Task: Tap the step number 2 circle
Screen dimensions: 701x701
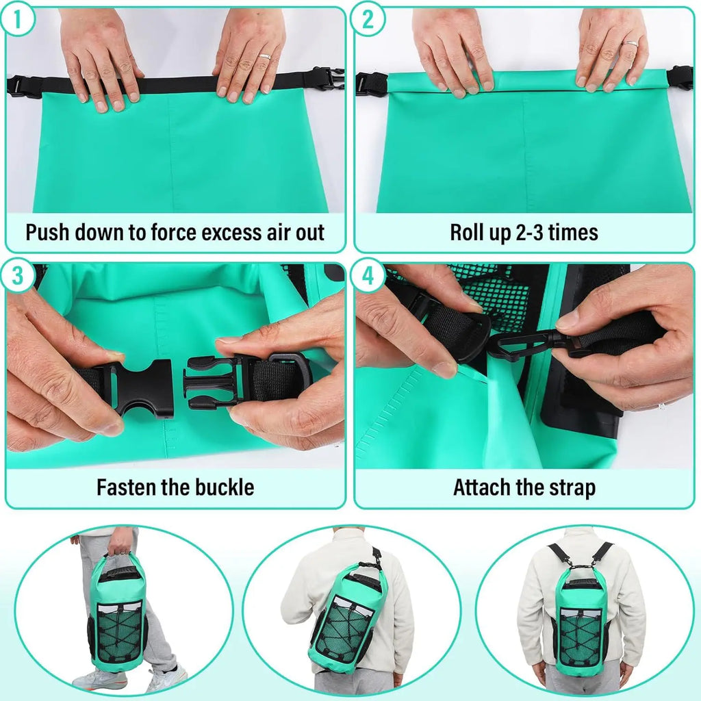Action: point(368,21)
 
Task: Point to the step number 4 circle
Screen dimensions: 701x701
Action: point(368,277)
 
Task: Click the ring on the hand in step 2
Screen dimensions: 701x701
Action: point(630,43)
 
